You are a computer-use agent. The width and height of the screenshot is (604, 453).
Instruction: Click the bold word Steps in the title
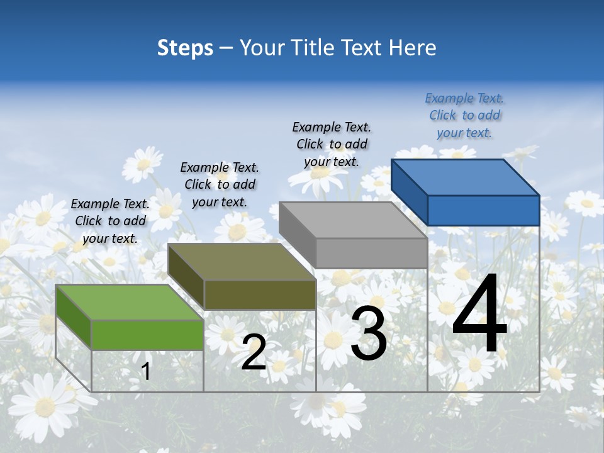185,48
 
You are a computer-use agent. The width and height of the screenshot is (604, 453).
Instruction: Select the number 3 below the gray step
368,333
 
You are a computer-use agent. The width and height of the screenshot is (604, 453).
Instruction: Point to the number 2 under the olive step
254,352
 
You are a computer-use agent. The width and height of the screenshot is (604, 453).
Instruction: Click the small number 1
146,371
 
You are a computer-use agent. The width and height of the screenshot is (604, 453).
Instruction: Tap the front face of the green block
147,335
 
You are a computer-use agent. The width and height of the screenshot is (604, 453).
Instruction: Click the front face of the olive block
259,294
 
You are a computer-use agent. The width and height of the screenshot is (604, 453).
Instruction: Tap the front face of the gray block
371,253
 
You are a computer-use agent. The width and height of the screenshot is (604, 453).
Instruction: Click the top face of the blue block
465,177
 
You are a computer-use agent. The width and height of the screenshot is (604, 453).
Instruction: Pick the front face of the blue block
483,210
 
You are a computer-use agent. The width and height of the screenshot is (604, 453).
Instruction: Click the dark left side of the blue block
409,193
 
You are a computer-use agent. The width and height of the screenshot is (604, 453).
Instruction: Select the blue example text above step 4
464,116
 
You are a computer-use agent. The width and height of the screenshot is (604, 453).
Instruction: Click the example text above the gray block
332,145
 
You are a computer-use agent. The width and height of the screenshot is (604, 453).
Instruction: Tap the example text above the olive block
220,185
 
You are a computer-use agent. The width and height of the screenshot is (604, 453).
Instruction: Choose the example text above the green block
110,221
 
